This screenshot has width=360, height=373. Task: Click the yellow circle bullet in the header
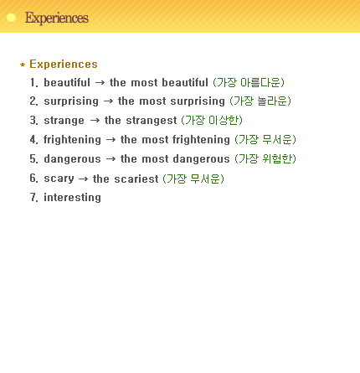pos(11,18)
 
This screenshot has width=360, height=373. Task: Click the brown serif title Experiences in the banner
pos(57,18)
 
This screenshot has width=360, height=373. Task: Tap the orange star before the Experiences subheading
pos(23,65)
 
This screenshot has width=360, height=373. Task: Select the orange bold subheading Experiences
pos(64,64)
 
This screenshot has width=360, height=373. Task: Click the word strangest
pos(152,121)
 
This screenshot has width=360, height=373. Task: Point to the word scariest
pos(136,179)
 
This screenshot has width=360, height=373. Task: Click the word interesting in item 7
pos(72,198)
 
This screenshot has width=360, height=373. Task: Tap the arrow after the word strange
pos(95,121)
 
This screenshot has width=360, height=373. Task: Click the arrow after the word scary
pos(83,179)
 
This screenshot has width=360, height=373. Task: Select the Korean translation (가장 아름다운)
pos(249,82)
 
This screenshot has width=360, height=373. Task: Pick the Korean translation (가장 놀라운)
pos(260,101)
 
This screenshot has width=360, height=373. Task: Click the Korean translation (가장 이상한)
pos(212,121)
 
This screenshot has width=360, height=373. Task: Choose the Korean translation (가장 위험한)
pos(265,159)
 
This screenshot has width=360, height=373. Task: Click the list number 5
pos(33,158)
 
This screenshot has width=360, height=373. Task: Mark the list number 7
pos(33,197)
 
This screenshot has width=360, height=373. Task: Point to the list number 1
pos(33,82)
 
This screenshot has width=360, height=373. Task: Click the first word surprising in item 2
pos(71,101)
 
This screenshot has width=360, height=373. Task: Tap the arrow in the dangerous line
pos(111,159)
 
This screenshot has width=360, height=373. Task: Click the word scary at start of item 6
pos(59,179)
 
